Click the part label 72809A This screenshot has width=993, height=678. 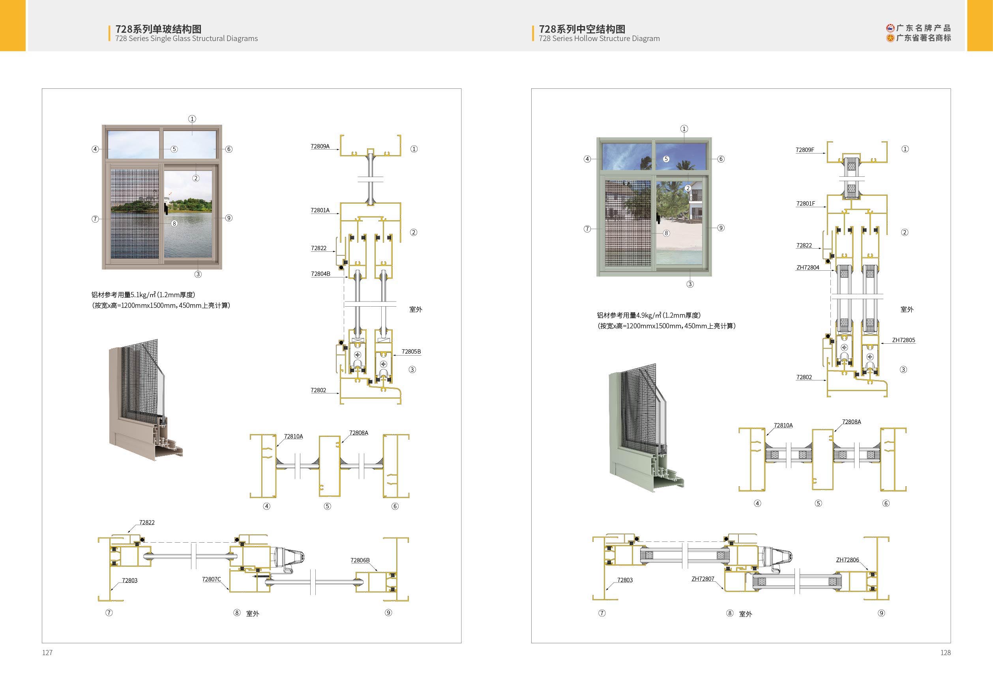click(x=320, y=146)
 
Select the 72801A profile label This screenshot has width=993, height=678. click(x=320, y=210)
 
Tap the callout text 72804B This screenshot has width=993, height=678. click(x=320, y=274)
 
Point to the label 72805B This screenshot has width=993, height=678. click(x=411, y=352)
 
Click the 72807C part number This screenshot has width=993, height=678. click(x=212, y=579)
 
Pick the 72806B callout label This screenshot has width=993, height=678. click(x=360, y=560)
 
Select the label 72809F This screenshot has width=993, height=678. click(x=805, y=150)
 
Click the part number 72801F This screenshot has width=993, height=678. click(x=806, y=204)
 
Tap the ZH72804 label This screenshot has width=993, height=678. click(x=808, y=268)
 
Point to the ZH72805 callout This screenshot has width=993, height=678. click(x=903, y=340)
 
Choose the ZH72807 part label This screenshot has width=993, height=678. click(x=703, y=579)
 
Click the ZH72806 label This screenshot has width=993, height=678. click(x=847, y=560)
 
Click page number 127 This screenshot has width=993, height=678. click(x=47, y=652)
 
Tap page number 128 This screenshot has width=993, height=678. click(x=946, y=652)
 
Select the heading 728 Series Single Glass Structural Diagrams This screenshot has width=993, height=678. click(x=186, y=38)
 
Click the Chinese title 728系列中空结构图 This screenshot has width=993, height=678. click(x=582, y=29)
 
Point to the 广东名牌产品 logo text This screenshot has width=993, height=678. click(x=924, y=28)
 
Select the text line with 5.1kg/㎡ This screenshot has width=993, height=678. click(x=143, y=295)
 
